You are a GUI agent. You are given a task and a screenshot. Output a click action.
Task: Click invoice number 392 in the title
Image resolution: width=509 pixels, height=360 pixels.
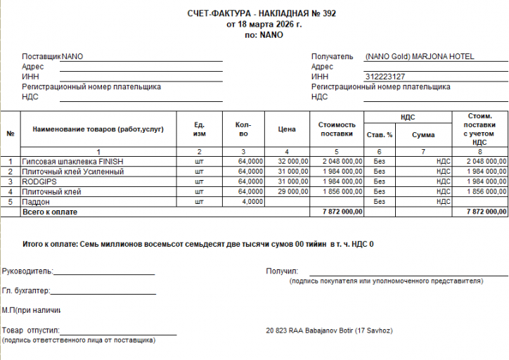328,14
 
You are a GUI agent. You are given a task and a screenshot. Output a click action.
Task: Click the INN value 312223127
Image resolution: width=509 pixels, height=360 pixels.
385,77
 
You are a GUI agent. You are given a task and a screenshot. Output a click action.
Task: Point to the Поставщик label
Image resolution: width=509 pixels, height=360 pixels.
41,56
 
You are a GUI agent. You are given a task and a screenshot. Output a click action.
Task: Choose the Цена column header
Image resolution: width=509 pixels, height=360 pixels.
286,129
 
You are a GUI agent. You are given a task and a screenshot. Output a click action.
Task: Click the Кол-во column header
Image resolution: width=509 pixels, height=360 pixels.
243,129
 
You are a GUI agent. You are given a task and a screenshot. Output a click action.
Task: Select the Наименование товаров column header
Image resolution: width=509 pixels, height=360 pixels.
98,129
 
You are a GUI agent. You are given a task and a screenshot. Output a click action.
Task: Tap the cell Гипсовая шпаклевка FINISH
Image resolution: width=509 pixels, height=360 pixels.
72,161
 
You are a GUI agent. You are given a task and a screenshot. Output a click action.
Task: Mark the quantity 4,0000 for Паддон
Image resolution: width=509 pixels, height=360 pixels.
251,202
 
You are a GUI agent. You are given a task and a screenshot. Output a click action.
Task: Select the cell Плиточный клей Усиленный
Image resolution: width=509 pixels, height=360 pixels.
73,172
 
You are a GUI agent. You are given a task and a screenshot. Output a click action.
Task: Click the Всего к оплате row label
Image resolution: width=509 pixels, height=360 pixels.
50,212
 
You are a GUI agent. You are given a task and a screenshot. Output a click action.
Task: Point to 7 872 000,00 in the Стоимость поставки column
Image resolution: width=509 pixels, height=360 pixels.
342,212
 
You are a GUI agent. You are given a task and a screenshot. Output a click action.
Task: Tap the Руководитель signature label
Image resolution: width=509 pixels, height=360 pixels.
27,271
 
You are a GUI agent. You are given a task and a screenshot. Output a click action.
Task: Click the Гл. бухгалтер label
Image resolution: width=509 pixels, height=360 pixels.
26,290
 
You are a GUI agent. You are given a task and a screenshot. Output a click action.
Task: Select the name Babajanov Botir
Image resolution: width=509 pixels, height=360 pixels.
331,330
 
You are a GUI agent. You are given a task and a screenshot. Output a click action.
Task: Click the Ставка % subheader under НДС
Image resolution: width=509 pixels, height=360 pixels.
380,134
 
